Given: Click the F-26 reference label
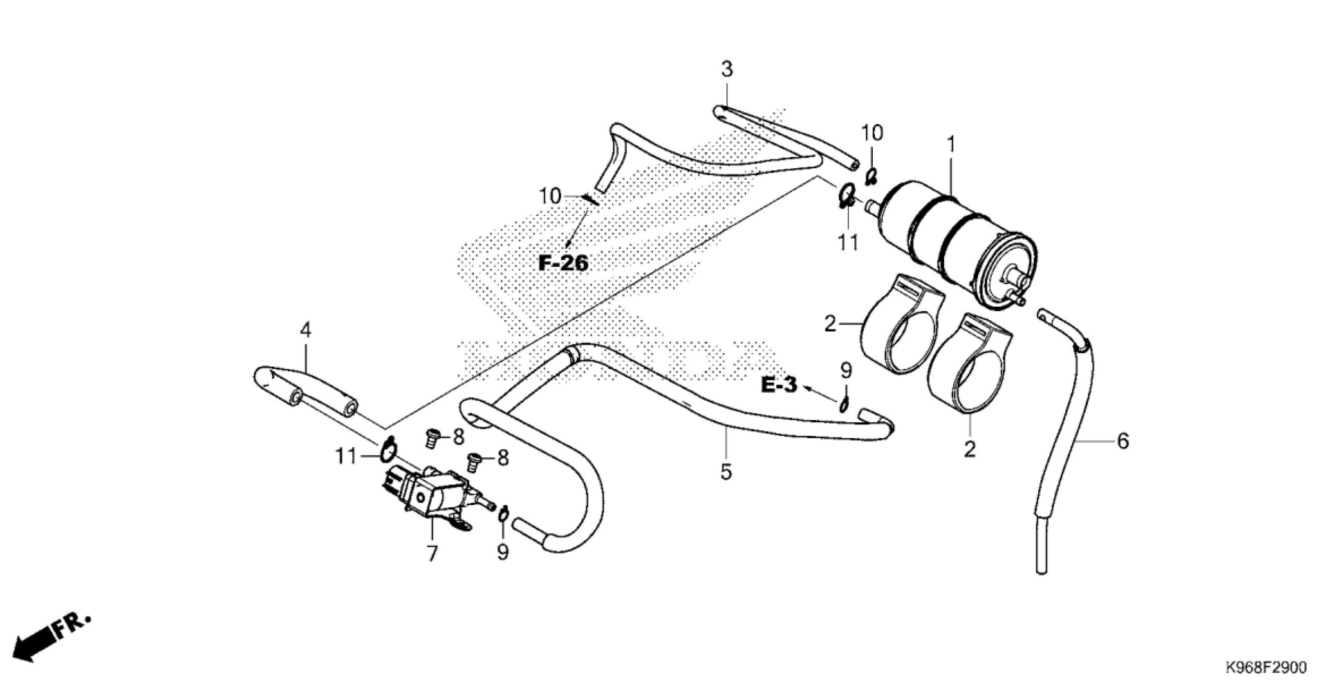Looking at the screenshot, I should click(x=563, y=263).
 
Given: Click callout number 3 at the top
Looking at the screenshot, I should click(x=727, y=69).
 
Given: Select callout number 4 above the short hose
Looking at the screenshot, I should click(x=306, y=330).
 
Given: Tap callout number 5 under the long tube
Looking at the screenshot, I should click(x=726, y=472).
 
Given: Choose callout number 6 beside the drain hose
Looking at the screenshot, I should click(x=1122, y=442).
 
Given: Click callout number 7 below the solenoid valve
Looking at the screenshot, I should click(x=432, y=553).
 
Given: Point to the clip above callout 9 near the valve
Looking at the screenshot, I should click(x=502, y=514).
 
